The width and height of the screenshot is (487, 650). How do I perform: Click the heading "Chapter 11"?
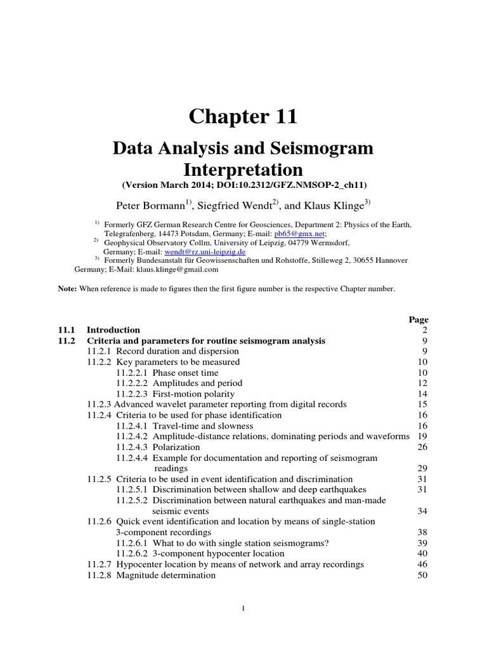point(243,117)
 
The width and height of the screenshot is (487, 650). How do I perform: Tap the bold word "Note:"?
point(68,289)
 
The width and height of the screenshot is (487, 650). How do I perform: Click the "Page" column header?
point(419,320)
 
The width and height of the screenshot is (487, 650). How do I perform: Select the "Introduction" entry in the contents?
point(113,330)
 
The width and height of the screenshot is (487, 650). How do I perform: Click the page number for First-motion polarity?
point(423,394)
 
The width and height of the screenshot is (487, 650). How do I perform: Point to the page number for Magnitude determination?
point(423,576)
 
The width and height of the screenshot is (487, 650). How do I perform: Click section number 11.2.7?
point(99,565)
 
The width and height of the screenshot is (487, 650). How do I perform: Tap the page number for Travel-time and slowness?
point(423,426)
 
